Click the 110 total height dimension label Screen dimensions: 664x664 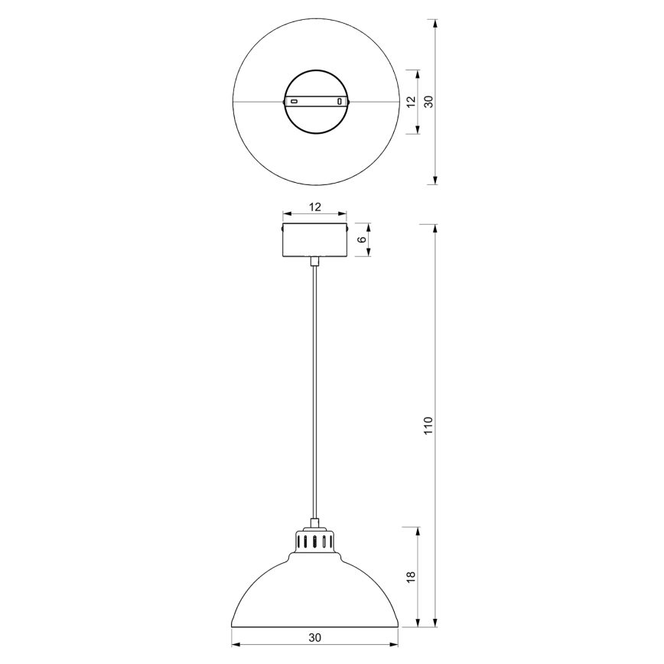click(x=428, y=425)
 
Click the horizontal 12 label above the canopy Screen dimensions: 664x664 click(x=314, y=207)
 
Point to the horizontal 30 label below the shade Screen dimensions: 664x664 click(x=314, y=636)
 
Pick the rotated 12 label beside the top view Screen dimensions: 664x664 click(x=411, y=101)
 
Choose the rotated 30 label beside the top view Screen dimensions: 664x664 click(x=428, y=101)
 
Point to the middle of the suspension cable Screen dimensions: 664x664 click(x=314, y=390)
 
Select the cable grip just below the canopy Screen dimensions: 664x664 click(x=314, y=262)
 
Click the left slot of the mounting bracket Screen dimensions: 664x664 click(x=293, y=101)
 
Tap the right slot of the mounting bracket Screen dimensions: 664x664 click(x=339, y=101)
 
